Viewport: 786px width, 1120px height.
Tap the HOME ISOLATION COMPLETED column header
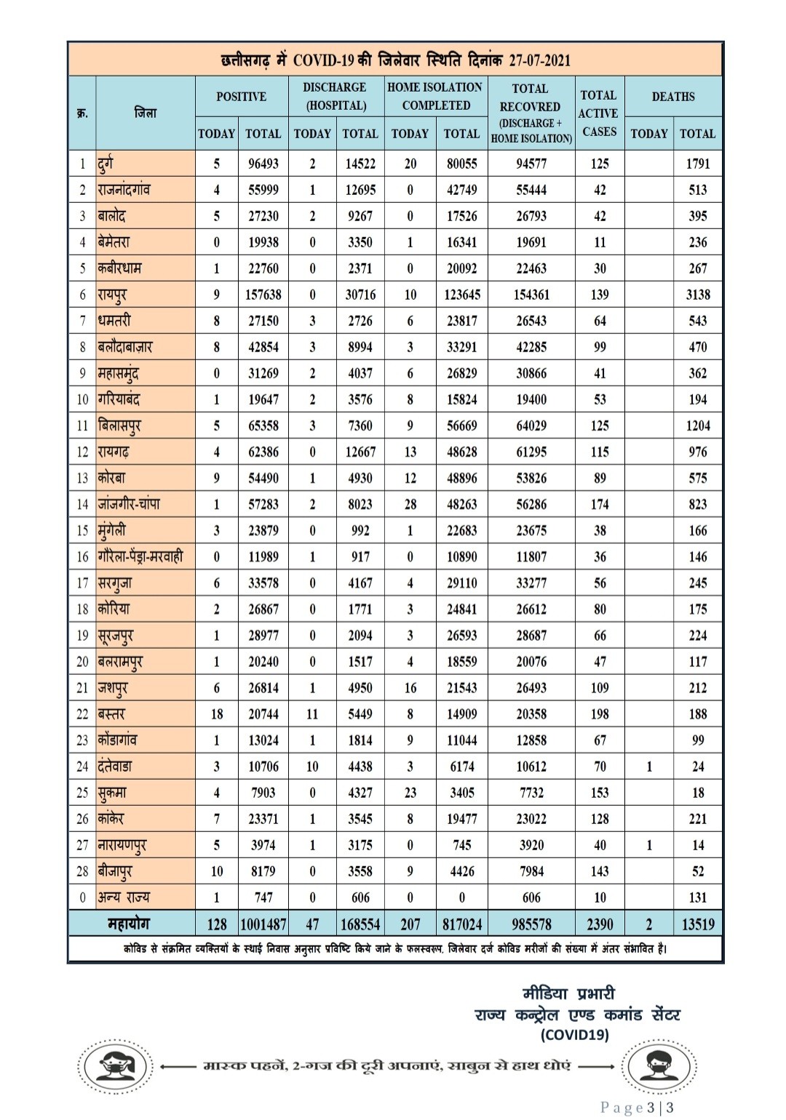(434, 96)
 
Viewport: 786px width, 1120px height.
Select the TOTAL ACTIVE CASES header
(598, 113)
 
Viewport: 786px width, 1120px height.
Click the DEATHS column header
(673, 97)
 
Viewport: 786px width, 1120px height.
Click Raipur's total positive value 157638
(263, 295)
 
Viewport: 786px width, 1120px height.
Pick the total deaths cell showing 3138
(697, 295)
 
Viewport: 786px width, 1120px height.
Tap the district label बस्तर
(111, 714)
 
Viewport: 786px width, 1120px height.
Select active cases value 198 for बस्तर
(600, 714)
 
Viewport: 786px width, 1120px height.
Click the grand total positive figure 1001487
(263, 924)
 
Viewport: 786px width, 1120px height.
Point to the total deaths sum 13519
(697, 924)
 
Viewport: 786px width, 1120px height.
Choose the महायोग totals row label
(129, 924)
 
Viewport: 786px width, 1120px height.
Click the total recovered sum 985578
(531, 924)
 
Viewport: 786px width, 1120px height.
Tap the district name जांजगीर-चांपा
(129, 504)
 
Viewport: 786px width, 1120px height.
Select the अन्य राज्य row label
(124, 897)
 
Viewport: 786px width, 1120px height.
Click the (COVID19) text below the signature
(575, 1034)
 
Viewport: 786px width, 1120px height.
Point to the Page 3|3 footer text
(637, 1108)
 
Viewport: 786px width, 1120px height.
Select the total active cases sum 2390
(600, 924)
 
